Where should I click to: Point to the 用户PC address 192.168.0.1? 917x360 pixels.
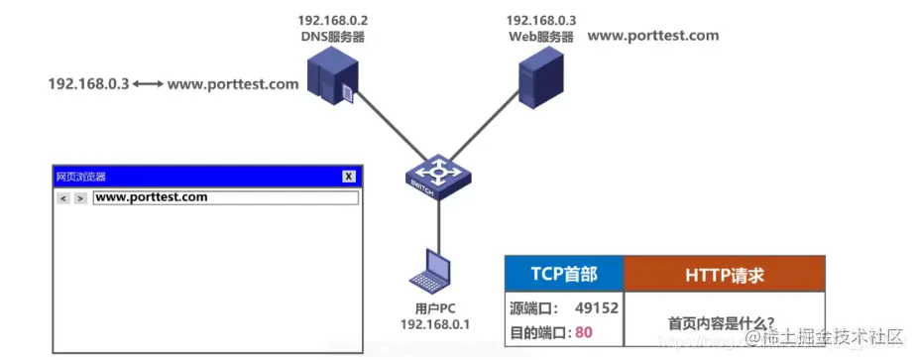pos(434,324)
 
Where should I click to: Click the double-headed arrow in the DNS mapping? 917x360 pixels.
pos(148,84)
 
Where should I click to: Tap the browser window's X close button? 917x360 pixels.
pos(349,176)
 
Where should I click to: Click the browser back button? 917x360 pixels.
pos(63,198)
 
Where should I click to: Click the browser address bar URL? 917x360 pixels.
pos(152,197)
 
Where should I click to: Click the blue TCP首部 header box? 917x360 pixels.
pos(564,274)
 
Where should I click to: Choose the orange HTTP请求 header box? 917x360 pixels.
pos(725,274)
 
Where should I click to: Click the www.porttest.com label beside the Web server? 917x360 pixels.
pos(653,36)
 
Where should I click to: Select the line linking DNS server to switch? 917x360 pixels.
pos(387,130)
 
